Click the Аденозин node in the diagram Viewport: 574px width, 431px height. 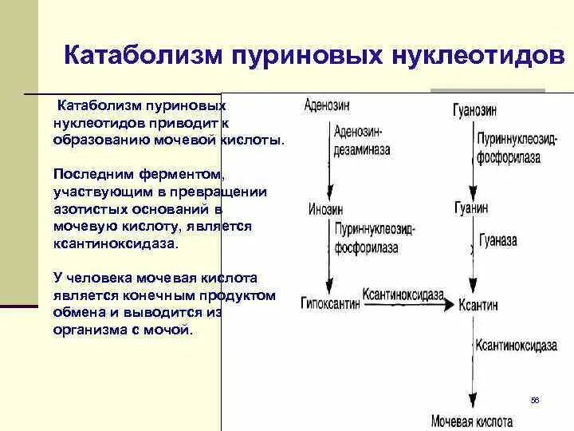[327, 105]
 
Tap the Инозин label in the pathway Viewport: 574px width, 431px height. [325, 209]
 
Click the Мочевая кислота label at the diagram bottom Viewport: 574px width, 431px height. [472, 421]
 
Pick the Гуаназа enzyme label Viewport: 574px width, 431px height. [499, 240]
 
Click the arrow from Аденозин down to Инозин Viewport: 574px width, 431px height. [326, 156]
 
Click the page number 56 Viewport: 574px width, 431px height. [535, 400]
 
